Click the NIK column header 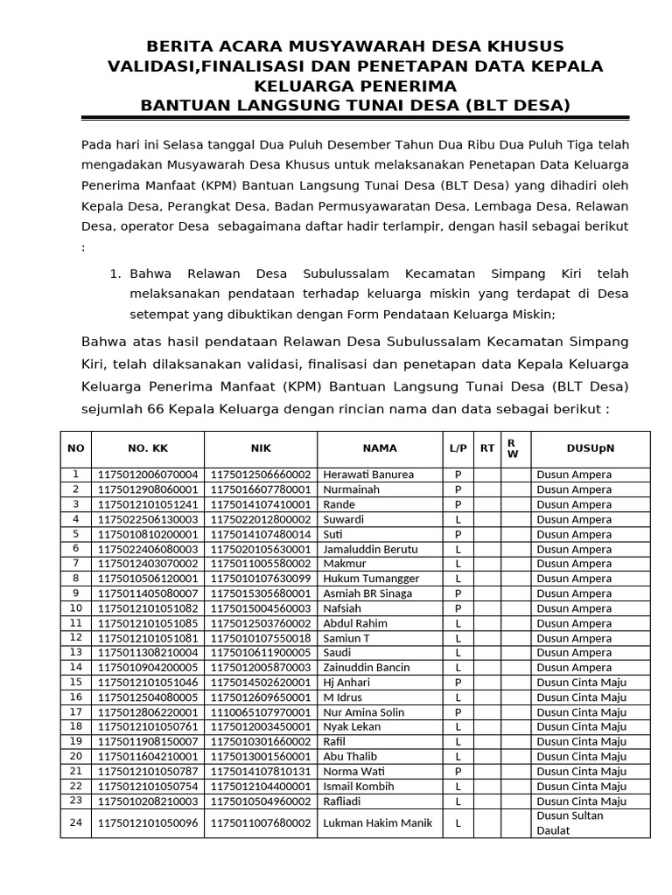pyautogui.click(x=261, y=448)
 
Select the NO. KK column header pyautogui.click(x=147, y=448)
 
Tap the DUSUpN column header pyautogui.click(x=590, y=448)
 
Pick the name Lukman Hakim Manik pyautogui.click(x=378, y=822)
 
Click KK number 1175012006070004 pyautogui.click(x=147, y=475)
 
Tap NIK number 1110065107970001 pyautogui.click(x=261, y=712)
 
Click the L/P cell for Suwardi pyautogui.click(x=457, y=519)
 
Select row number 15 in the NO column pyautogui.click(x=75, y=682)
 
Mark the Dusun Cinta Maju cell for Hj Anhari pyautogui.click(x=581, y=682)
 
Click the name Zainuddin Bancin pyautogui.click(x=367, y=667)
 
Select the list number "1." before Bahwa pyautogui.click(x=115, y=274)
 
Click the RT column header pyautogui.click(x=486, y=448)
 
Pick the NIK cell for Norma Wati pyautogui.click(x=261, y=772)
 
